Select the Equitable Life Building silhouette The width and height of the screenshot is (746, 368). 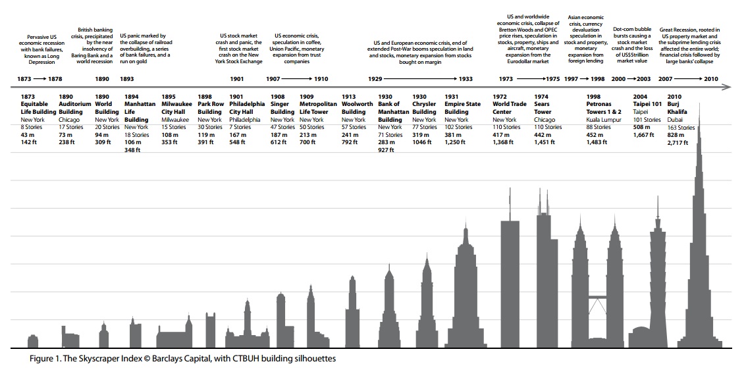pyautogui.click(x=33, y=340)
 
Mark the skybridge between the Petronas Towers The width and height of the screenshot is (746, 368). pyautogui.click(x=599, y=296)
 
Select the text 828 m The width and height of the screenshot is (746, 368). pyautogui.click(x=677, y=135)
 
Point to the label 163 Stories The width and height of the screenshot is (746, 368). pyautogui.click(x=681, y=127)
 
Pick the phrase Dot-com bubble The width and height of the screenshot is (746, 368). pyautogui.click(x=632, y=30)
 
